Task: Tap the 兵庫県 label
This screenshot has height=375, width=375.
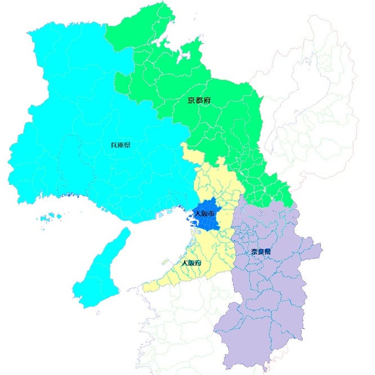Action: click(x=120, y=145)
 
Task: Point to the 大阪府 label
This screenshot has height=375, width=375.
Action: click(x=192, y=263)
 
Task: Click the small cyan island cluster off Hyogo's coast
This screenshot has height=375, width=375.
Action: click(x=55, y=217)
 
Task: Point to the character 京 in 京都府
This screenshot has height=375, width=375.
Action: click(x=191, y=101)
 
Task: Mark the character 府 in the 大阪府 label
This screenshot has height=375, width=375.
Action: click(x=199, y=263)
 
